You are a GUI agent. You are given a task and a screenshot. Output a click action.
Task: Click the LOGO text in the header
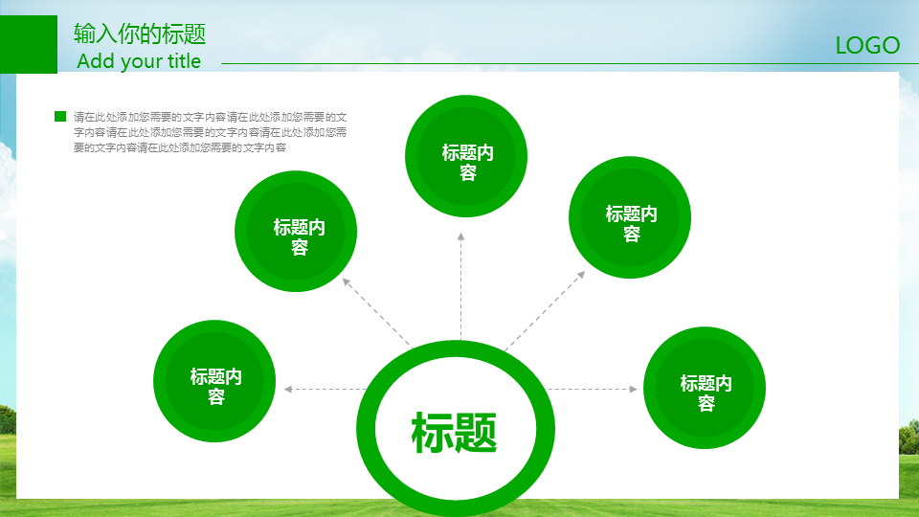point(867,46)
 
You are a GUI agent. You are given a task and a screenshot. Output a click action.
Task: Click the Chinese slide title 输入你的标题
point(140,34)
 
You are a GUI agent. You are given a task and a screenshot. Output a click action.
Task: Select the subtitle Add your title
point(139,61)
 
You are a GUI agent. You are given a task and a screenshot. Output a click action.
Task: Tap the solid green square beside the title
point(29,45)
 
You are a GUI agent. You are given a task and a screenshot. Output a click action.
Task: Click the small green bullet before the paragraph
point(60,116)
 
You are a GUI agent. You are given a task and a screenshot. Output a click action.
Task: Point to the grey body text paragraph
point(210,132)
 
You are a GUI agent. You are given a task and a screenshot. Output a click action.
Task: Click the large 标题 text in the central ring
point(454,433)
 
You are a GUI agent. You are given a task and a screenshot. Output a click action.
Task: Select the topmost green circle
point(466,156)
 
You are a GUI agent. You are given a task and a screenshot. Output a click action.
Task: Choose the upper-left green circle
point(296,231)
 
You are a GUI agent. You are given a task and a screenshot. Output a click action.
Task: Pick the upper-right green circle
point(630,217)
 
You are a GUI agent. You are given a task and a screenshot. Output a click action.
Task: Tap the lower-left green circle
point(214,381)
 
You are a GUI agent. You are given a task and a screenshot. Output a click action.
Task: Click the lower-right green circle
point(705,388)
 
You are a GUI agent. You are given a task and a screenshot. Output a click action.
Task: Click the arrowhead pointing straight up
point(461,236)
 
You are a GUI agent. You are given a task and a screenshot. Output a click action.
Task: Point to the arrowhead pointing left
point(288,390)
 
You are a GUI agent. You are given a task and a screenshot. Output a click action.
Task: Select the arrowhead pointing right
point(633,390)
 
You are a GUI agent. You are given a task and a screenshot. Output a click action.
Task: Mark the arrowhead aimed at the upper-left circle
point(347,281)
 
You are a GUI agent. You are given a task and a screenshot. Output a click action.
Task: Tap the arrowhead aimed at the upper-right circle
point(581,275)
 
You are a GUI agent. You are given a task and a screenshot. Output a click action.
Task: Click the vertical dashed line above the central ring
point(461,286)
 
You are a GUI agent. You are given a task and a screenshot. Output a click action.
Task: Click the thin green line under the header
point(570,63)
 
